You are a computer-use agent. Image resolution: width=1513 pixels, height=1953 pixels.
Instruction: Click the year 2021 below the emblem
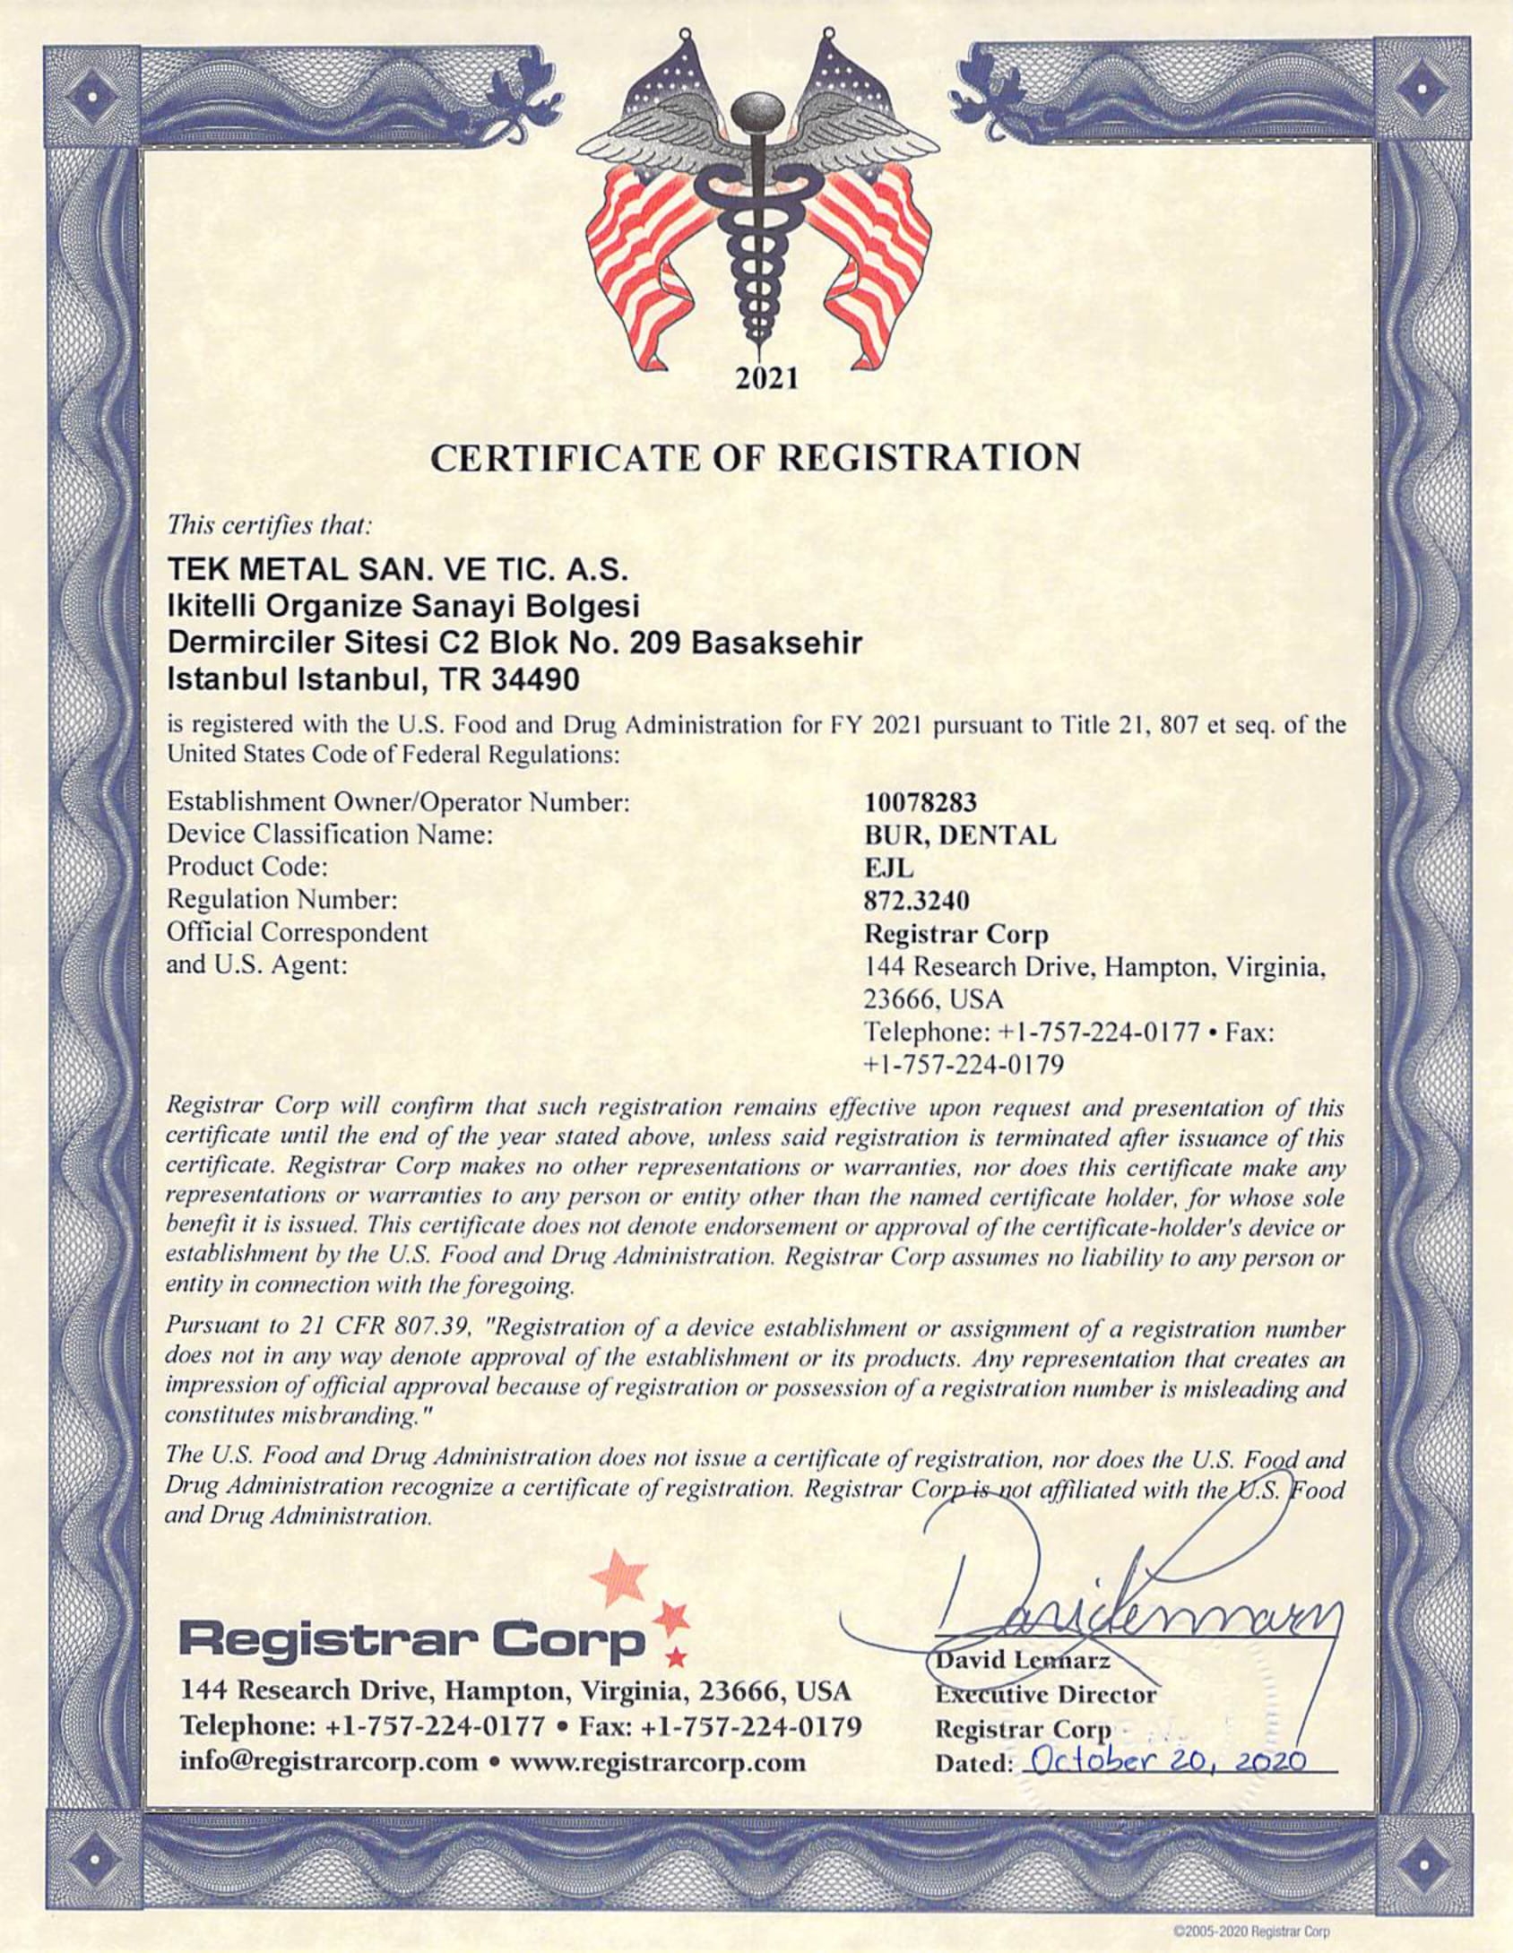766,379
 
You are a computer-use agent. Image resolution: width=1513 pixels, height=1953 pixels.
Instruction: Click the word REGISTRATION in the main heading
929,458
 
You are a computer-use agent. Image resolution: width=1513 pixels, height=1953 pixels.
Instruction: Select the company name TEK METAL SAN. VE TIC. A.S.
398,570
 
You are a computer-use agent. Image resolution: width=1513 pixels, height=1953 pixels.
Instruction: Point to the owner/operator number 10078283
920,803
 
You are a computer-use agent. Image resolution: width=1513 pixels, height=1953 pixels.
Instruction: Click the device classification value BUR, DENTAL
959,835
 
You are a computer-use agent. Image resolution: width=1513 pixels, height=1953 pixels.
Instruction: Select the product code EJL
888,868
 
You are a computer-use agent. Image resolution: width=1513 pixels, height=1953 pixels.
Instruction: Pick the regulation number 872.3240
916,900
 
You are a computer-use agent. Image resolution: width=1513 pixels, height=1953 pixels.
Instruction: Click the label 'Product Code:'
246,867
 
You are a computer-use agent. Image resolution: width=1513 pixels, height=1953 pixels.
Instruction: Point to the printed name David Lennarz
1022,1661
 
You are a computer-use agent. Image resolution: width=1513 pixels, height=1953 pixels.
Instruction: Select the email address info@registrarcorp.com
329,1762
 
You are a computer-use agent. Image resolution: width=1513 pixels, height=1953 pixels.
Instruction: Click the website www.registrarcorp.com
657,1762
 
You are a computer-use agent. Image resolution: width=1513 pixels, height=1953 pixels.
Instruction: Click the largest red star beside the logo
619,1577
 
